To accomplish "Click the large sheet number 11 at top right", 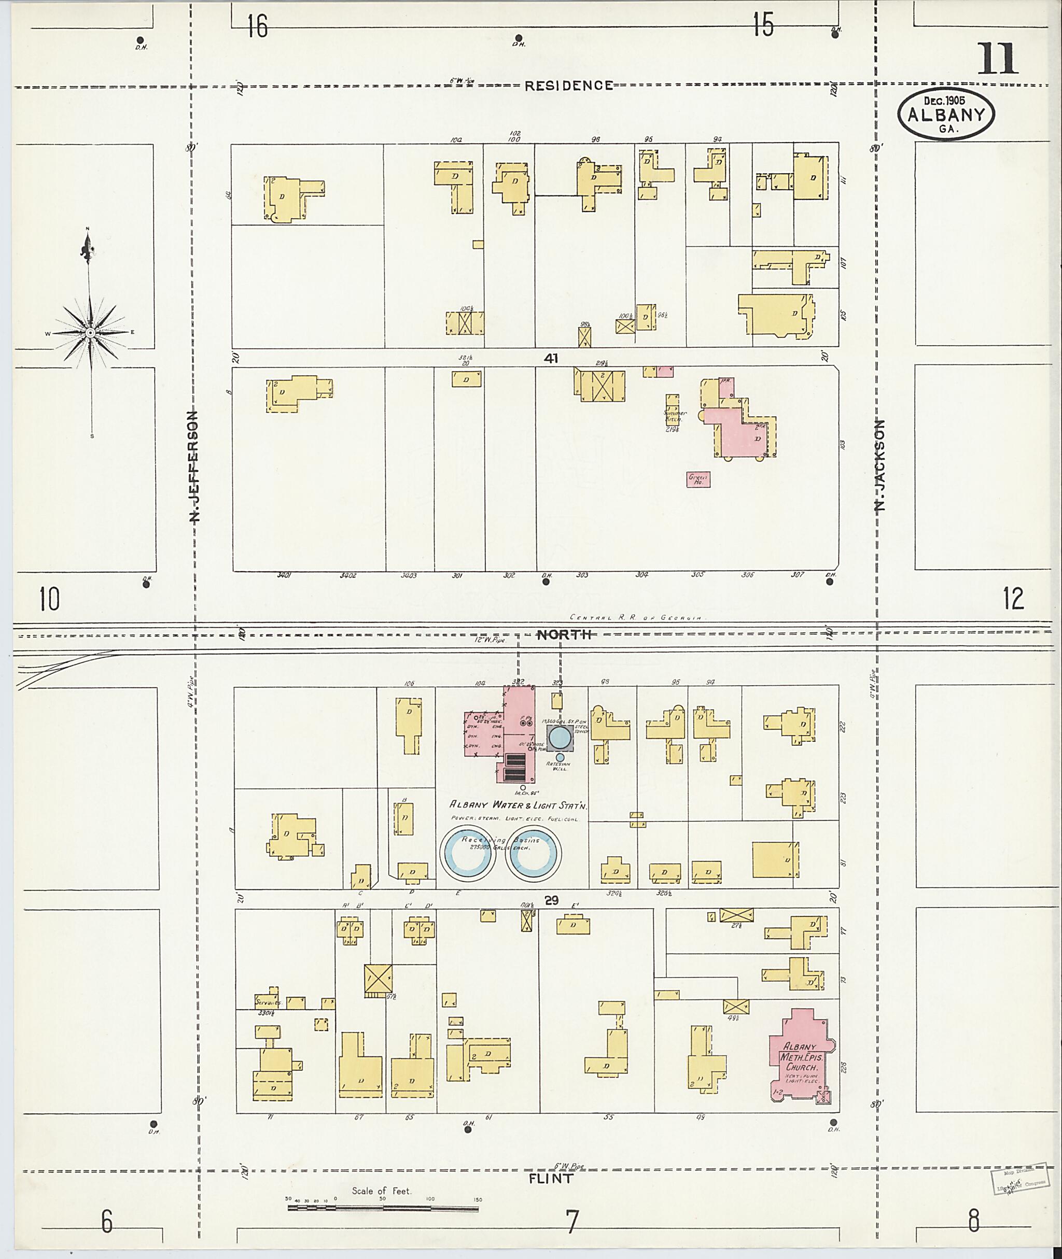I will (x=998, y=59).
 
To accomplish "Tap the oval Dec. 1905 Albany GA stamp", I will (x=945, y=115).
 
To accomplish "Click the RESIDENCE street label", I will (x=568, y=86).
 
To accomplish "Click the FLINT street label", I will (x=550, y=1178).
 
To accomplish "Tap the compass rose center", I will (x=90, y=333).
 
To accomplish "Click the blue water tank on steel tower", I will (x=560, y=738).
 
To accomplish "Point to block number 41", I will (x=550, y=359).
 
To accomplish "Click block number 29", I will (x=551, y=900).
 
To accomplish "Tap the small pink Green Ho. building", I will (x=698, y=479).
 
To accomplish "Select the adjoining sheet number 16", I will (x=257, y=26).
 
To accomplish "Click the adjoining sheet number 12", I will (x=1013, y=599).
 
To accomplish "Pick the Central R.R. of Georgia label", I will (x=636, y=617).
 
